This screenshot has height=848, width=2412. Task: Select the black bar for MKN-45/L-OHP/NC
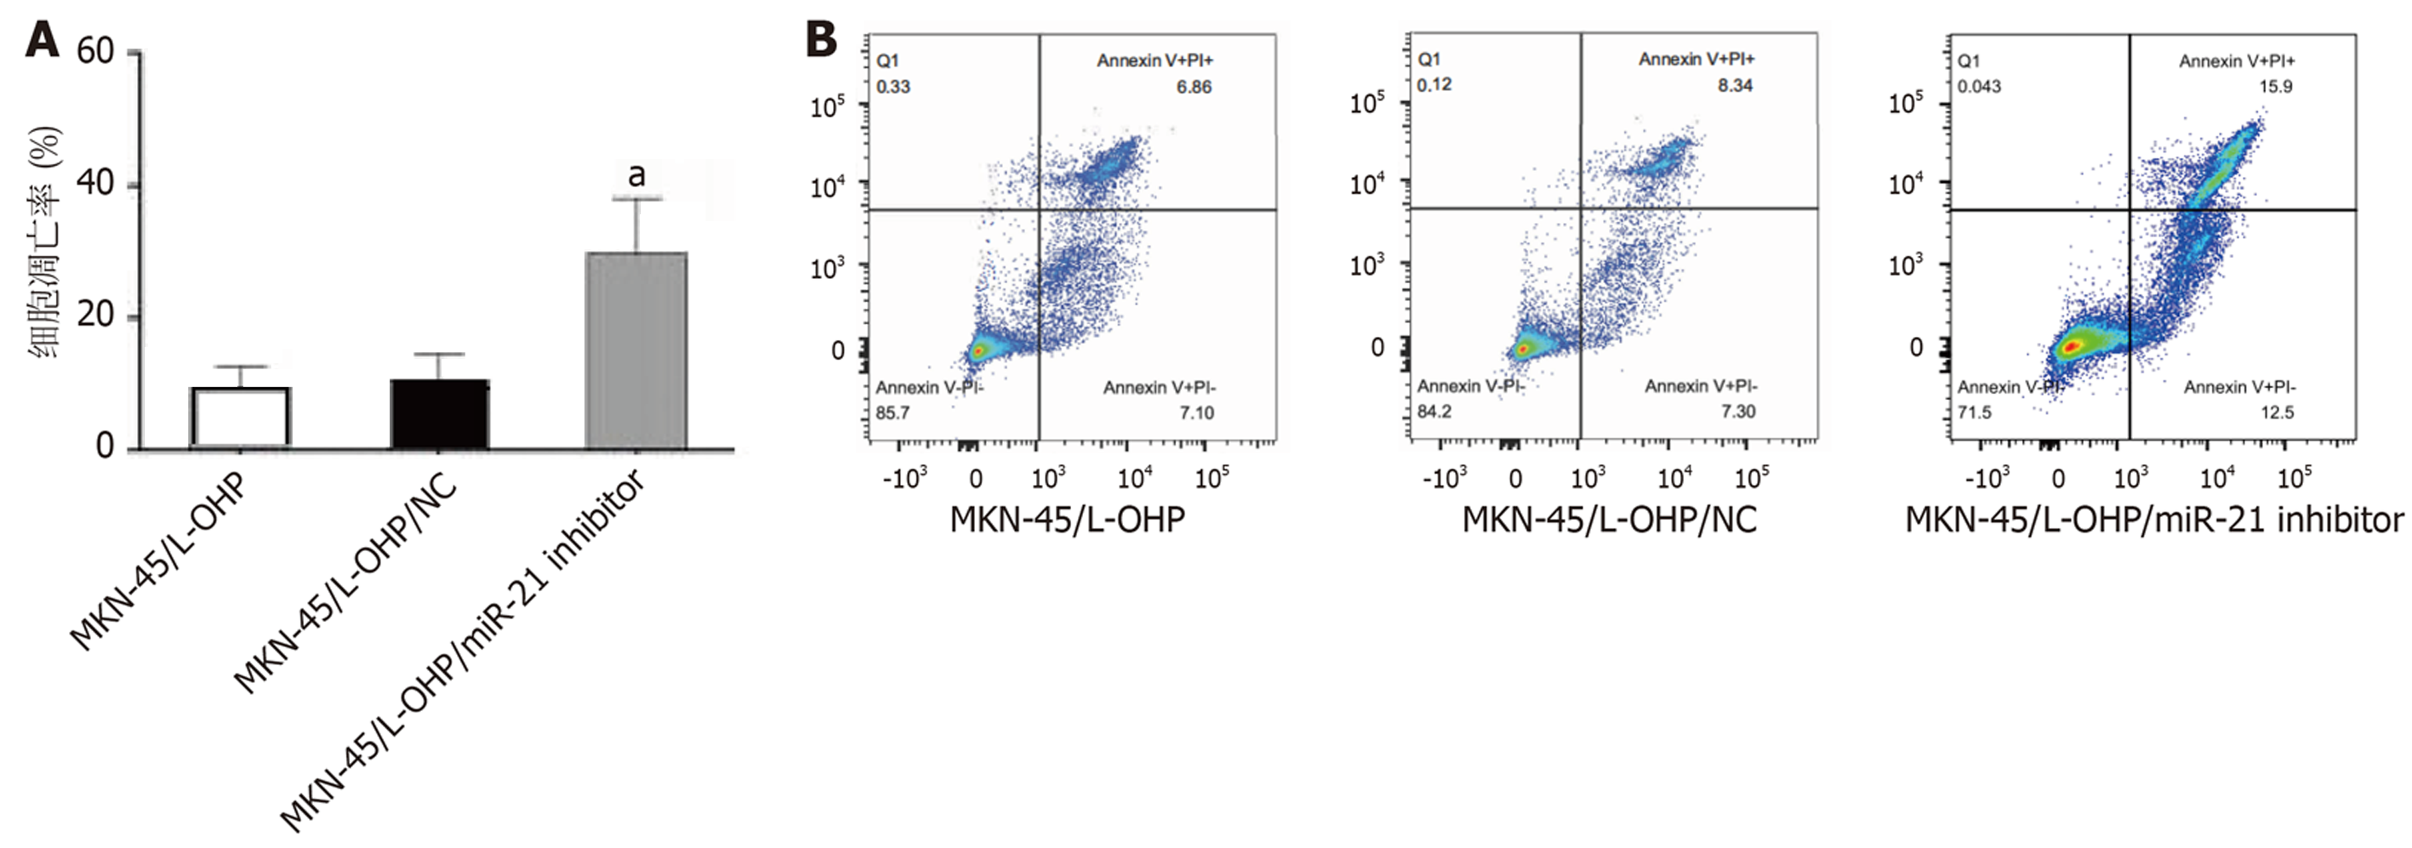(439, 413)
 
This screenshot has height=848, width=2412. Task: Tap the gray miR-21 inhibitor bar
(636, 350)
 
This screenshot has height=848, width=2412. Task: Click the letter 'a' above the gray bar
(636, 174)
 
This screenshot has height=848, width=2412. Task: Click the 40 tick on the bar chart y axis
(95, 183)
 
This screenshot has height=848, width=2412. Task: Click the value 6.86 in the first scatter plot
(1194, 87)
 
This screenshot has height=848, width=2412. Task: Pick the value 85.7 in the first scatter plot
(892, 413)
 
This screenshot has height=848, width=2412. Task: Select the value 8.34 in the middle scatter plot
(1735, 85)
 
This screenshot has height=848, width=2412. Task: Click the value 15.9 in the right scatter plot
(2276, 87)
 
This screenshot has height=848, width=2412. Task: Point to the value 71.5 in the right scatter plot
(1975, 413)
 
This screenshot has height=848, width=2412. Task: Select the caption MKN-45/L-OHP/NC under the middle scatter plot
(1610, 521)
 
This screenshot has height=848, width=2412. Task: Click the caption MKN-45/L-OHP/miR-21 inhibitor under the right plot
(2153, 521)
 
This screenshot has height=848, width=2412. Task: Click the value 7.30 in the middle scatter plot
(1738, 412)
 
